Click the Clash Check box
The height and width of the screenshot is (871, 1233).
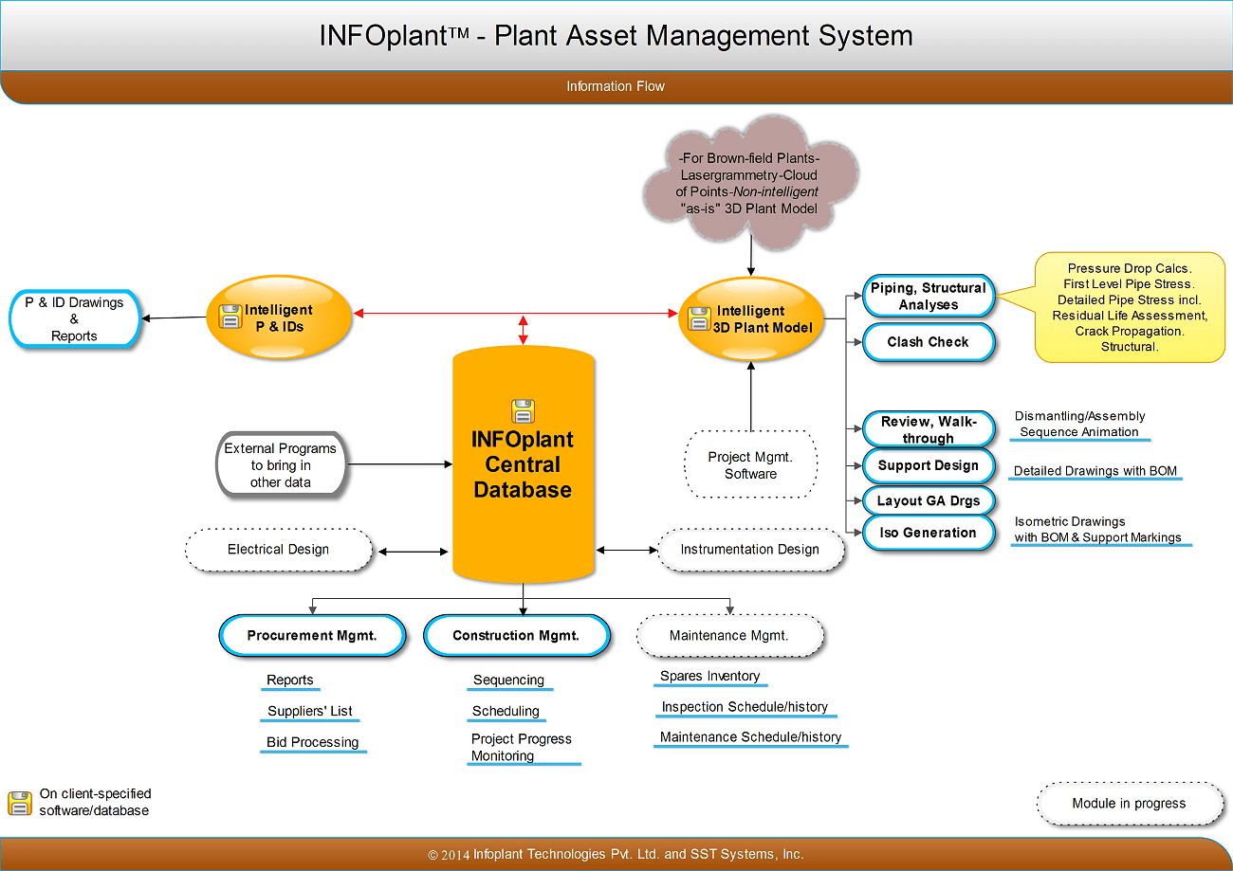coord(928,342)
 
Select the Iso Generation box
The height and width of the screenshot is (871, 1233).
coord(928,533)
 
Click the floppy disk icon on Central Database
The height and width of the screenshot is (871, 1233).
coord(523,410)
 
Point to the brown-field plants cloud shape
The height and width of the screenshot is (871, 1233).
coord(748,183)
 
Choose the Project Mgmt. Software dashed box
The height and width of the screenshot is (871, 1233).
coord(749,464)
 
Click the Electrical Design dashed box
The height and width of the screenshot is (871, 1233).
coord(278,550)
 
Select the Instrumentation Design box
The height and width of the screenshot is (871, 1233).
coord(749,550)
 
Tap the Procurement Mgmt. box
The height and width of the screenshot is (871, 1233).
coord(312,636)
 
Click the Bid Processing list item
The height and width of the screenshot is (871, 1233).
coord(312,742)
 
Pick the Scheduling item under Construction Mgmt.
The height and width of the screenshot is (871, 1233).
coord(506,711)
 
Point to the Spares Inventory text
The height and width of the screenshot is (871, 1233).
coord(709,676)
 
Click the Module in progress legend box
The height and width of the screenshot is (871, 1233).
coord(1129,804)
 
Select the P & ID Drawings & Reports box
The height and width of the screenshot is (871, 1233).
coord(74,319)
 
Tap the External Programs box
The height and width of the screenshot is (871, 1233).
coord(280,465)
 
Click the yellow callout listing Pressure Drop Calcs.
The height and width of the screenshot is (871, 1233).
coord(1129,307)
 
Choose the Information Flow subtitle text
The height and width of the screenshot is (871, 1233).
coord(616,86)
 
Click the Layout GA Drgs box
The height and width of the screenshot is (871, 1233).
coord(928,500)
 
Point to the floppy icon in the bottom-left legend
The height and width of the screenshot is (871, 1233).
coord(19,803)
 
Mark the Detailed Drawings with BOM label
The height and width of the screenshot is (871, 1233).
coord(1095,471)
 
